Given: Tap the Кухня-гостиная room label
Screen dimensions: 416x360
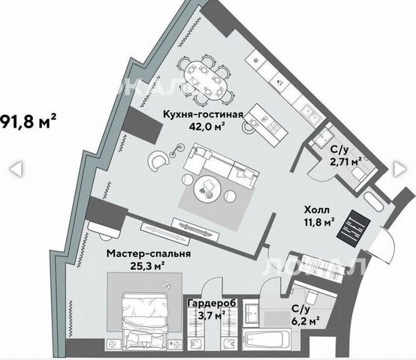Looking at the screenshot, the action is [203, 115].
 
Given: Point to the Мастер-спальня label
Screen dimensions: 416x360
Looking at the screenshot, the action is [149, 253].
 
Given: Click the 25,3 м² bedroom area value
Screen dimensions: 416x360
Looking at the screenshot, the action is [147, 265].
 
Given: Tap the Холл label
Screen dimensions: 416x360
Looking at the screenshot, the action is [317, 210].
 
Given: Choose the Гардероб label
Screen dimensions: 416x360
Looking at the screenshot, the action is [212, 304].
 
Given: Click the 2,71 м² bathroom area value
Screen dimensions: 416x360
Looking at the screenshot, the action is [346, 161].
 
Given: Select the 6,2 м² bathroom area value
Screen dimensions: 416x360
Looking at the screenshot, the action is [305, 321].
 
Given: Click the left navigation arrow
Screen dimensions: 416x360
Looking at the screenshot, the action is [16, 169].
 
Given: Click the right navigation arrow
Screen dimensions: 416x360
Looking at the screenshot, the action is [399, 169].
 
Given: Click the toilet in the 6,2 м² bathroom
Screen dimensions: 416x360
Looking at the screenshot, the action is [310, 297].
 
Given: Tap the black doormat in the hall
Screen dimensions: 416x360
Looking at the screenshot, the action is [354, 229].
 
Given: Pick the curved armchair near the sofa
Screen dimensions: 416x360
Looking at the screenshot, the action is [158, 160].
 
